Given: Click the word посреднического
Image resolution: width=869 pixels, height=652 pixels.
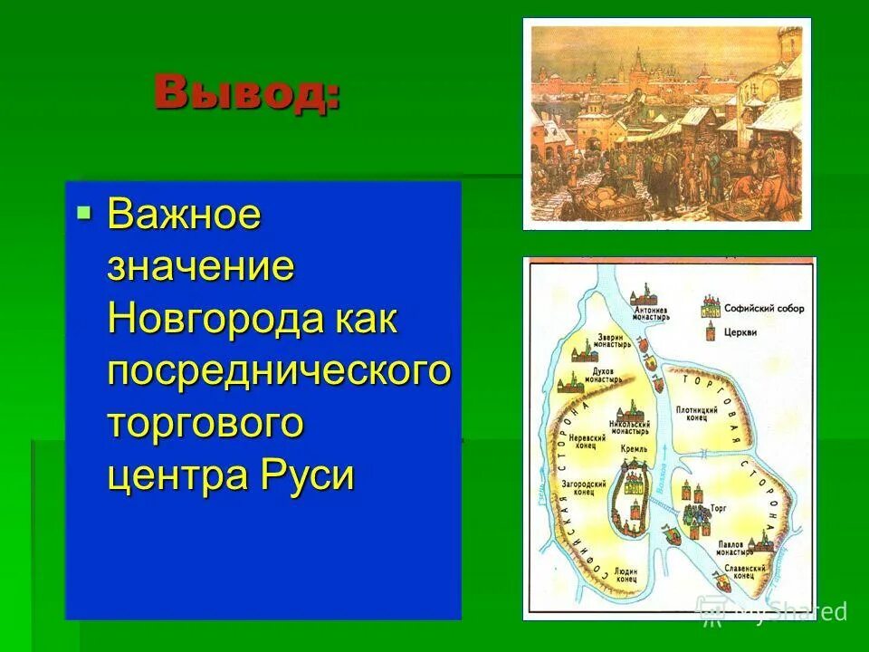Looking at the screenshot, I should tap(279, 371).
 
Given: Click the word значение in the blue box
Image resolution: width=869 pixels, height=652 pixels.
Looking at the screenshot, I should tap(201, 268).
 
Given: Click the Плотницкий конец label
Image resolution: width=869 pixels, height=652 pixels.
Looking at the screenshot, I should tap(697, 414).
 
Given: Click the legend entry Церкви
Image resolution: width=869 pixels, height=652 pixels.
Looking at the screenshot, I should tap(740, 331).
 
